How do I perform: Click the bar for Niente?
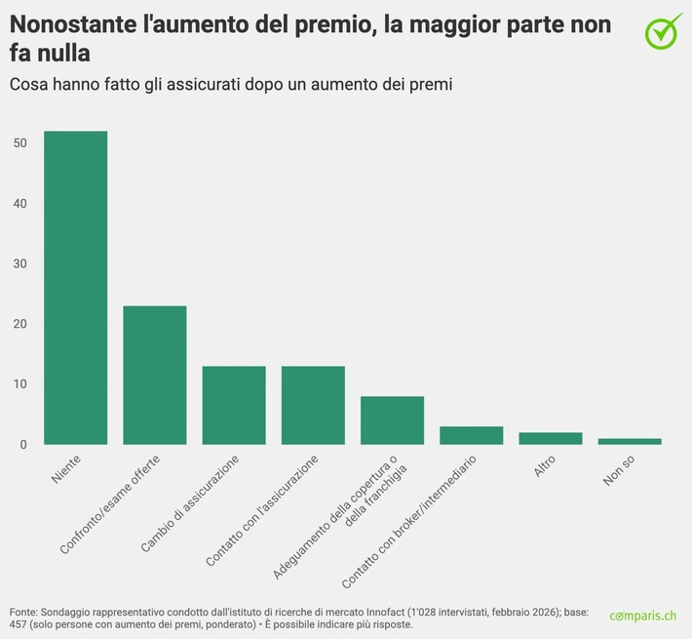point(75,288)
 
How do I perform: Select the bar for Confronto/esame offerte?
point(154,376)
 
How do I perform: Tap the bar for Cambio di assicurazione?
point(234,406)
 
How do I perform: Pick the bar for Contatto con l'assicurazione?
point(313,406)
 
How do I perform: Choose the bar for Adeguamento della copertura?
point(392,420)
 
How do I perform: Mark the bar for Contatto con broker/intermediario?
point(472,436)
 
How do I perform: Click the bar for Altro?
point(551,439)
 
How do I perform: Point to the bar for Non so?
point(630,442)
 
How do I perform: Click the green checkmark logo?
point(664,29)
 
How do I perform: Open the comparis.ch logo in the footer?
point(642,616)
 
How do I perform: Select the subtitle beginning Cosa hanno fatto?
point(231,85)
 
